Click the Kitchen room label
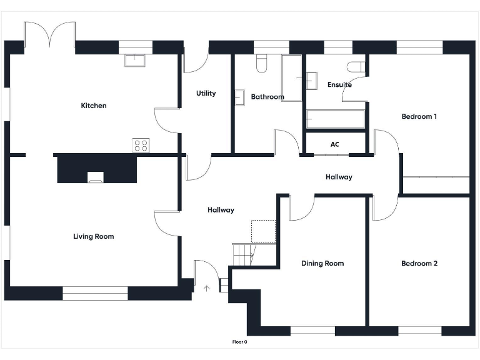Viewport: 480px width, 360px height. (94, 106)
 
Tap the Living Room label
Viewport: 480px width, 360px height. (94, 236)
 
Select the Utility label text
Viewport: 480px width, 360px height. (206, 93)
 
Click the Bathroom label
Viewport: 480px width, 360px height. (267, 97)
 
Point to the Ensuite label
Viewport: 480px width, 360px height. (339, 84)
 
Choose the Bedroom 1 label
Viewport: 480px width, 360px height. (419, 116)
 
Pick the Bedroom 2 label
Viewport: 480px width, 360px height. (419, 263)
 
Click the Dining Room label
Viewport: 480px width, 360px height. (322, 263)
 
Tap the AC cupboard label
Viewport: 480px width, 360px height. (335, 144)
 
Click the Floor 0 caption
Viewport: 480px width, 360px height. (240, 342)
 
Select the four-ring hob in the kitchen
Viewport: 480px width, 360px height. (141, 146)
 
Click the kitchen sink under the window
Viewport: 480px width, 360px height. (134, 60)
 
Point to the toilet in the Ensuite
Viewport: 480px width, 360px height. (356, 67)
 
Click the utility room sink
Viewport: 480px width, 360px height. (239, 97)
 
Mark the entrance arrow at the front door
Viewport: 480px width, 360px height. (207, 288)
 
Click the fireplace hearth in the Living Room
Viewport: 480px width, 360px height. (96, 177)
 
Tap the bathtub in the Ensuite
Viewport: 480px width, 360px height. (335, 119)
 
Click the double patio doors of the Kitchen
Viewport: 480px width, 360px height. (49, 34)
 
